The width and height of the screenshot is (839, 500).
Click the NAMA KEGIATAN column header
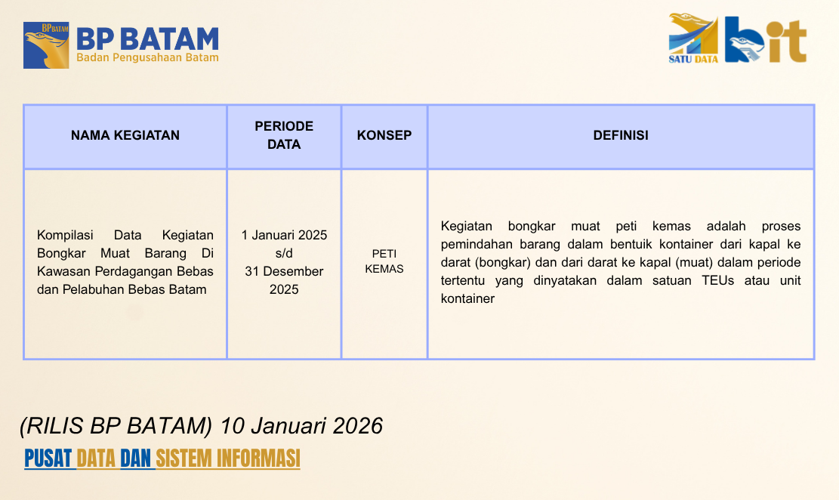pos(125,135)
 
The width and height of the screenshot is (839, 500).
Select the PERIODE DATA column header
pos(284,135)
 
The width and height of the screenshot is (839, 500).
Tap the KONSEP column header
pos(384,135)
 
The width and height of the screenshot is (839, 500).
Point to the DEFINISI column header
pos(621,135)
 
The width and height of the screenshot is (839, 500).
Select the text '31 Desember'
pos(284,271)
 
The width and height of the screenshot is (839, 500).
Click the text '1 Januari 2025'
pos(284,235)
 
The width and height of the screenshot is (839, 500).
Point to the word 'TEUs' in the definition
pos(717,280)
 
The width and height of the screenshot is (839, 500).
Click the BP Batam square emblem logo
pos(46,45)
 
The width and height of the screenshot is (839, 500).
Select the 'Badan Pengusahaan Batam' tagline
pos(148,58)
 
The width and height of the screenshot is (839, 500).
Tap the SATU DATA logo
pos(693,38)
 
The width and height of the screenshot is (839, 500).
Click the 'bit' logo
pos(766,39)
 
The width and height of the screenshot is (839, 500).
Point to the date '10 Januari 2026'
pos(301,426)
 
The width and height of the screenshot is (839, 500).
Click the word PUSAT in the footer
pos(48,458)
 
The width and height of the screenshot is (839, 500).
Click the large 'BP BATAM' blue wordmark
pos(148,39)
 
